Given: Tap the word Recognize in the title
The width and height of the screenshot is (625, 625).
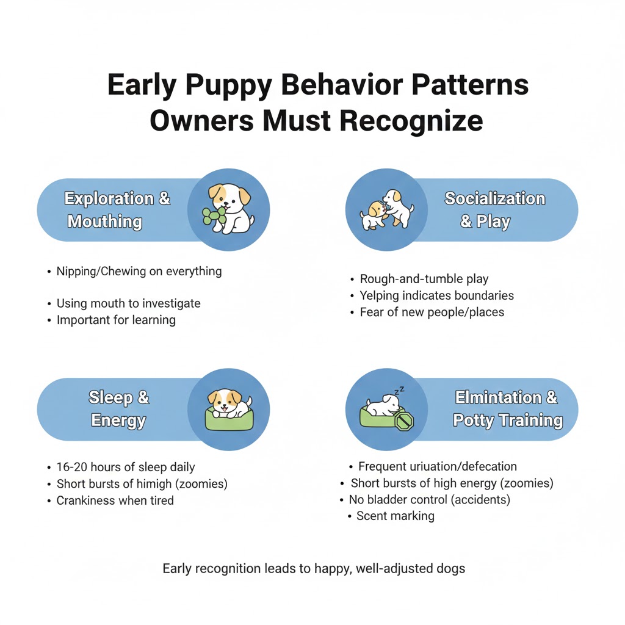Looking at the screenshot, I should (x=411, y=121).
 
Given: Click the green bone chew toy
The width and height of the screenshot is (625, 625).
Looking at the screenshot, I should (x=214, y=218).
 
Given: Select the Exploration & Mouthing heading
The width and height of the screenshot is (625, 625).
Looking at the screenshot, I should (x=117, y=210).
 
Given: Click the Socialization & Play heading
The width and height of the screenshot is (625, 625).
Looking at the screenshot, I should (x=494, y=210).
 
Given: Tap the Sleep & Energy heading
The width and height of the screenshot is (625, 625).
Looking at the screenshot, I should (x=119, y=409).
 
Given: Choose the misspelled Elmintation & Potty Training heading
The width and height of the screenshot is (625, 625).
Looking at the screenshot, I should (x=507, y=409).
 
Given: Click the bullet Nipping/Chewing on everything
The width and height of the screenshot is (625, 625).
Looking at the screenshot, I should (x=139, y=271).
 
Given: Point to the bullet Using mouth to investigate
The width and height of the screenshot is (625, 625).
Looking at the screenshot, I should (x=128, y=303).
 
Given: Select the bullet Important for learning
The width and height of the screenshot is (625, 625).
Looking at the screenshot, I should (x=116, y=320).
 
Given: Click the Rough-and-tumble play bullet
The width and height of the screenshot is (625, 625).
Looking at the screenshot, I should (x=424, y=279).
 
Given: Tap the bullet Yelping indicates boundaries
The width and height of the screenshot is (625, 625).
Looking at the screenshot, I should (x=436, y=295).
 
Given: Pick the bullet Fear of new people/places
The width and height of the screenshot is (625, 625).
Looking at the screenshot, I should (x=432, y=312).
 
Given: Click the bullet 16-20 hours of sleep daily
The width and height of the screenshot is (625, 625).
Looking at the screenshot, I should (x=126, y=467).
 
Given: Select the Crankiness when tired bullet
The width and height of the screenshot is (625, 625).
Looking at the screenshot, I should (x=115, y=500).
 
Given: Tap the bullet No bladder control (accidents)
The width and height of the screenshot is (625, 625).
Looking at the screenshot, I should (x=429, y=499).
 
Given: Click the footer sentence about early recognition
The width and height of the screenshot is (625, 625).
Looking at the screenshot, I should (x=314, y=568).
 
